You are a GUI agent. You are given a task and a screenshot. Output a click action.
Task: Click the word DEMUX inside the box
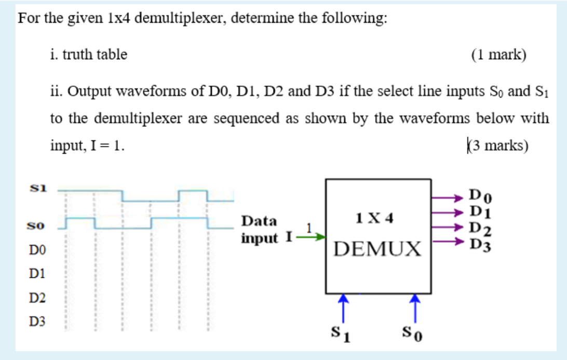[x=377, y=249]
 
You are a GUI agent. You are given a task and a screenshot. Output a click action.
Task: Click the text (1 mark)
[x=498, y=55]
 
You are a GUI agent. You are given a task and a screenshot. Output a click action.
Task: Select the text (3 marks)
[x=497, y=145]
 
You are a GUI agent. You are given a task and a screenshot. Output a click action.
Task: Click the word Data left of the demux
[x=259, y=221]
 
